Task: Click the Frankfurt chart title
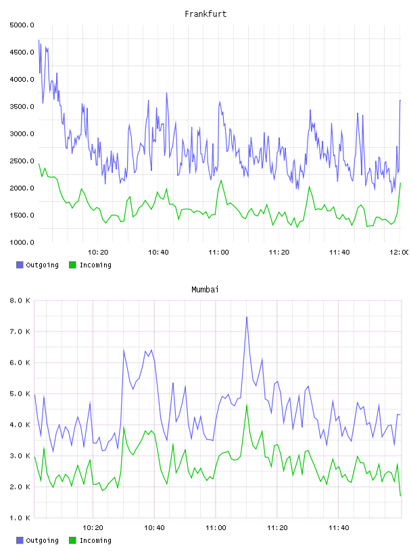click(x=205, y=14)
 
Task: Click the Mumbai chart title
click(x=205, y=289)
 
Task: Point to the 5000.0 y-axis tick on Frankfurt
click(x=22, y=25)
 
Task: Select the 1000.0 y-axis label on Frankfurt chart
click(x=22, y=242)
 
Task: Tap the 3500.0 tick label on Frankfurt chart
click(x=22, y=107)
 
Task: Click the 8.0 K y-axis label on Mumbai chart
click(x=20, y=300)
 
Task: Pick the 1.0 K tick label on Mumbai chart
click(x=20, y=518)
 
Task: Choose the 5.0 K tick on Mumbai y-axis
click(x=20, y=394)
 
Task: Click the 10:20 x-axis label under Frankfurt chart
click(x=98, y=252)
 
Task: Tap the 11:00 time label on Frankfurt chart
click(x=218, y=252)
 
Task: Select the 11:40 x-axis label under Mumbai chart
click(x=339, y=527)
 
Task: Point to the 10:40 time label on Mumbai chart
click(x=155, y=527)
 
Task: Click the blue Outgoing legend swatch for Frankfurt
click(x=20, y=265)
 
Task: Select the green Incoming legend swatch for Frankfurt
click(x=72, y=265)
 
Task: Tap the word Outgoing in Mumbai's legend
click(x=42, y=540)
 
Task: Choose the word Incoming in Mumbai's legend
click(x=95, y=540)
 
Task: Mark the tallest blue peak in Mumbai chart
click(x=247, y=317)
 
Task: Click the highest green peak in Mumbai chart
click(x=247, y=405)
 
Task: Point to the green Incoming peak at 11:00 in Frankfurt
click(x=221, y=180)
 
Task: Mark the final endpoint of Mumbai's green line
click(x=400, y=496)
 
